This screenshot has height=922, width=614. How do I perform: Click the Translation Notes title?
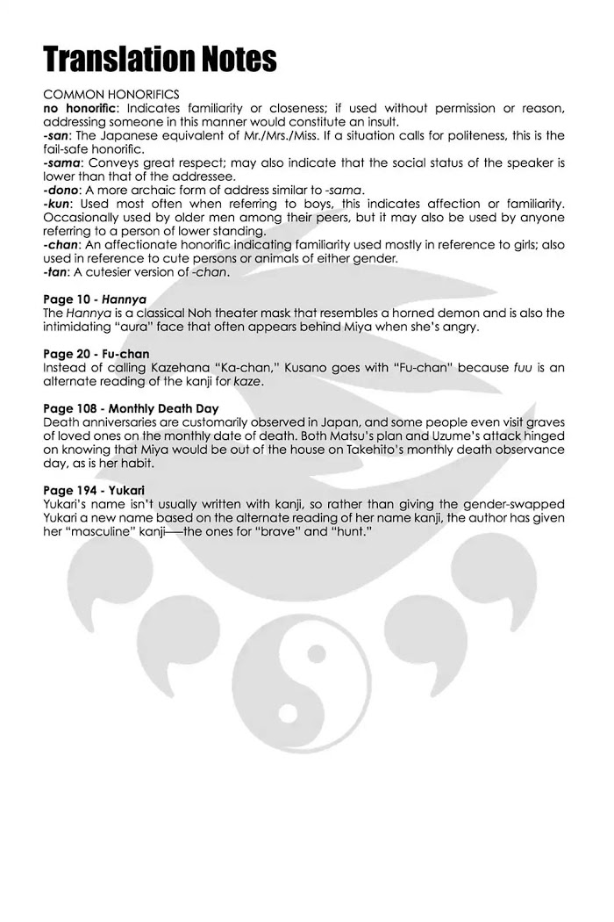click(x=161, y=59)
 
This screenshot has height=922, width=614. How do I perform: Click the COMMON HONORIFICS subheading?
click(x=111, y=93)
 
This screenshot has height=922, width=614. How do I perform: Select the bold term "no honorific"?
click(x=77, y=108)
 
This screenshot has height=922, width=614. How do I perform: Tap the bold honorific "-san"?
click(x=57, y=136)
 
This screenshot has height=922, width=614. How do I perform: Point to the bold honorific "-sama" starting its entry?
click(x=62, y=163)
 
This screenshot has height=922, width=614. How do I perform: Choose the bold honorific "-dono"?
click(x=62, y=191)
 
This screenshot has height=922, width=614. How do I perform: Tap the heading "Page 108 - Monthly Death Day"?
click(x=131, y=407)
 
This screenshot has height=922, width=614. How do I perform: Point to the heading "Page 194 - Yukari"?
click(x=93, y=489)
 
